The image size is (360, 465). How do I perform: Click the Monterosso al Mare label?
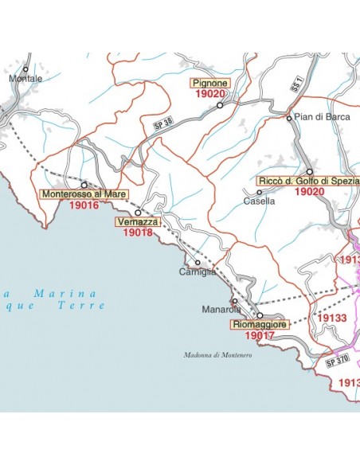[84, 193]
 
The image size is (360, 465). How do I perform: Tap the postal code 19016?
[84, 205]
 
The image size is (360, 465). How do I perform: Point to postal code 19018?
[137, 232]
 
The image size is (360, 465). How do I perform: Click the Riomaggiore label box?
[258, 325]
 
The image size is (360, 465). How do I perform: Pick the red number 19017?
[259, 336]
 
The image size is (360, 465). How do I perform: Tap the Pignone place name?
[209, 82]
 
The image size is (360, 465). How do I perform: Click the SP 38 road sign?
[162, 124]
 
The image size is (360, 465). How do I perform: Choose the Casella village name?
[260, 201]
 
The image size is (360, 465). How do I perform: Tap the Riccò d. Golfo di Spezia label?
[309, 182]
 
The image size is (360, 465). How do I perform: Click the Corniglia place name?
[198, 272]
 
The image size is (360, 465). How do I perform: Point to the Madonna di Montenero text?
[217, 355]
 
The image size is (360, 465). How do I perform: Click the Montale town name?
[25, 79]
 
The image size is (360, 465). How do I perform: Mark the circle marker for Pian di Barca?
[289, 118]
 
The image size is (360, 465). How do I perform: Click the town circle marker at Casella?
[259, 192]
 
